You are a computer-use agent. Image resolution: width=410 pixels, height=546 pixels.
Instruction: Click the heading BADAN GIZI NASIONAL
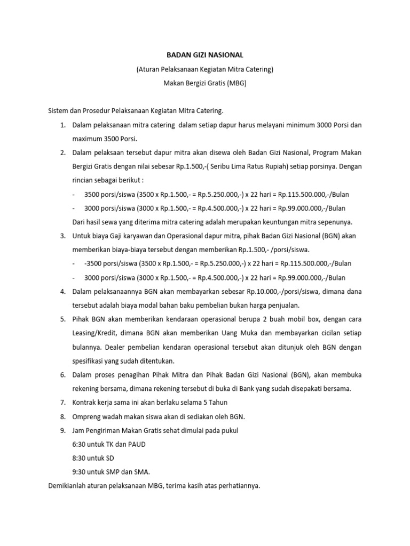click(205, 54)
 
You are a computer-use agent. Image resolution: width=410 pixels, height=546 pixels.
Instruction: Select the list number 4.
click(62, 291)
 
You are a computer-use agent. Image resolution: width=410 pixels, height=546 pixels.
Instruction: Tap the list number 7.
click(62, 403)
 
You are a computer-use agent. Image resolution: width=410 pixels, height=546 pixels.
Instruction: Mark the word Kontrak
click(86, 403)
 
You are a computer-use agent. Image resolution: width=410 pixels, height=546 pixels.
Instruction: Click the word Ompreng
click(88, 416)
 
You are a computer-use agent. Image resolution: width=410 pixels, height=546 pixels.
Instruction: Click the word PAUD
click(135, 444)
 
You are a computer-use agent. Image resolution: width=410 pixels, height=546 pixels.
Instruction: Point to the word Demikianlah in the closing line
click(69, 486)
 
